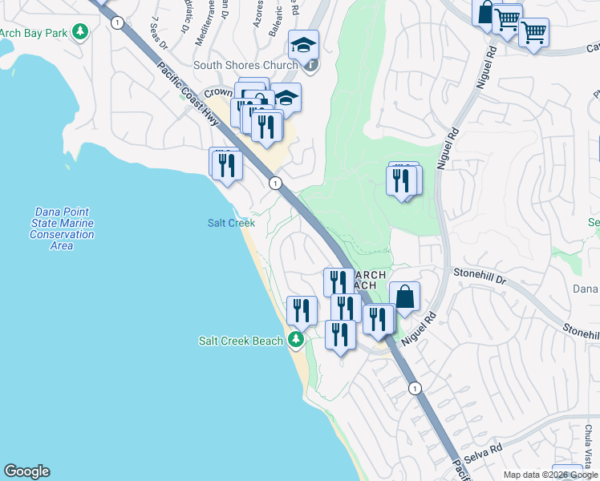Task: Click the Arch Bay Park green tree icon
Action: pyautogui.click(x=79, y=32)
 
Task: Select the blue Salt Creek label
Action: pyautogui.click(x=231, y=223)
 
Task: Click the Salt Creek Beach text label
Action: pyautogui.click(x=241, y=341)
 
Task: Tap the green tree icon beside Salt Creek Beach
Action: pyautogui.click(x=296, y=341)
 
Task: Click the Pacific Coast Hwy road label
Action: pyautogui.click(x=181, y=87)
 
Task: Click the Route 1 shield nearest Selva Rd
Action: pyautogui.click(x=414, y=388)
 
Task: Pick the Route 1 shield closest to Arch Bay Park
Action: pyautogui.click(x=118, y=23)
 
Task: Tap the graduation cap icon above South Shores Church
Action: pyautogui.click(x=304, y=44)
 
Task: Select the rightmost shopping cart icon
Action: pyautogui.click(x=533, y=33)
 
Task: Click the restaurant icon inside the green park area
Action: pyautogui.click(x=401, y=180)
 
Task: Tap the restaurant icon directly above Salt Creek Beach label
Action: pyautogui.click(x=302, y=309)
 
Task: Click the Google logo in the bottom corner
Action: pyautogui.click(x=26, y=471)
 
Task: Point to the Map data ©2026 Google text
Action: pyautogui.click(x=550, y=475)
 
